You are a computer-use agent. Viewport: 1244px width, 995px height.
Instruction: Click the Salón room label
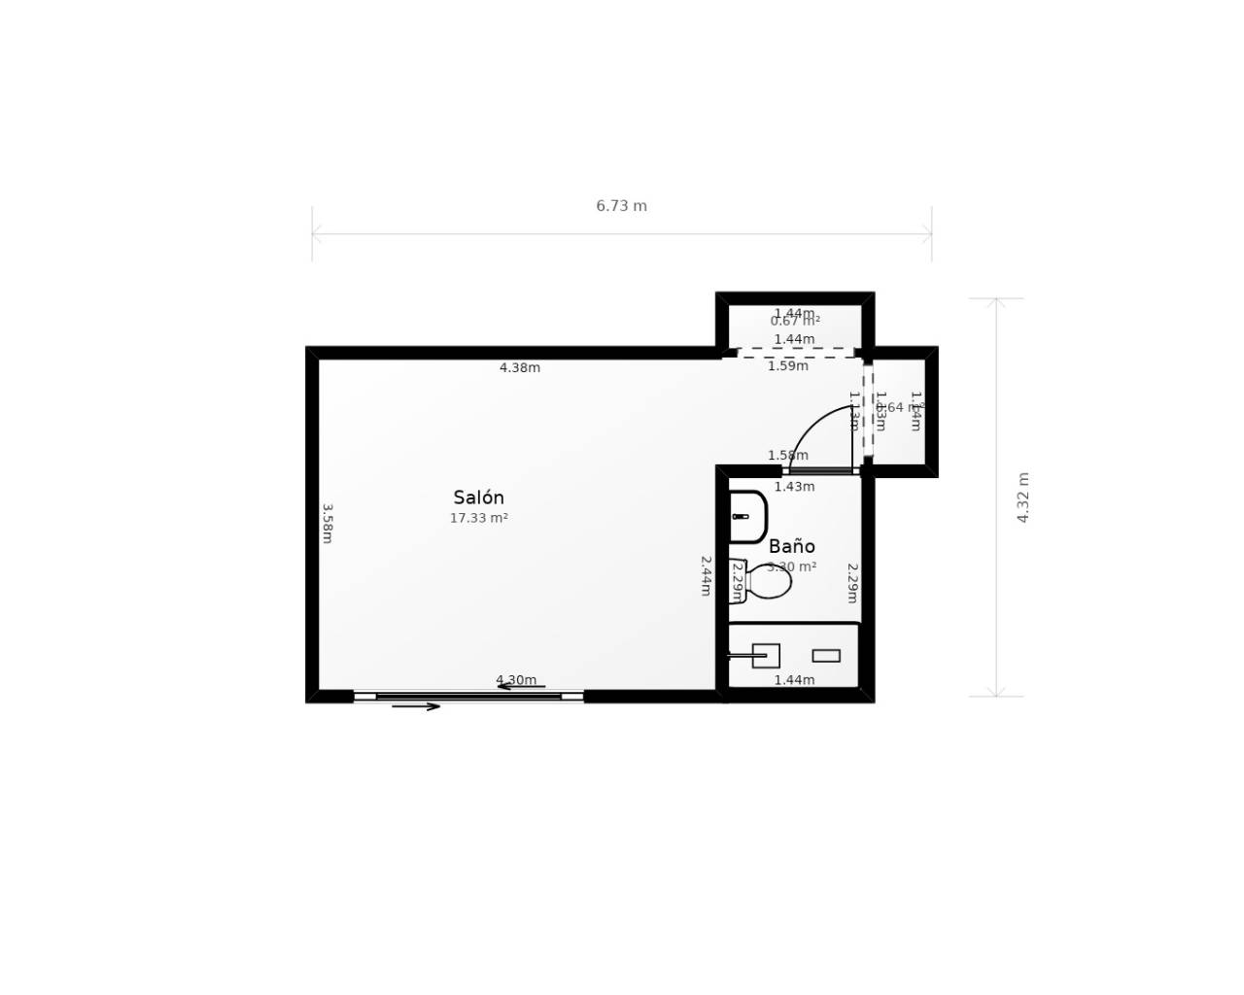tap(478, 497)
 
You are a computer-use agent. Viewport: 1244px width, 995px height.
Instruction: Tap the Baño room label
tap(791, 546)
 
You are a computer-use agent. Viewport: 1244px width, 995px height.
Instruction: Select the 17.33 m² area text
tap(478, 519)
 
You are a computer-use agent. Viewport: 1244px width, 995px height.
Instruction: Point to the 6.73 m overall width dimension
tap(621, 206)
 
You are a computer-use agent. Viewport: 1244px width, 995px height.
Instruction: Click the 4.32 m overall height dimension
tap(1022, 497)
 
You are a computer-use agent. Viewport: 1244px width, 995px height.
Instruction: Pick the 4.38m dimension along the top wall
tap(520, 368)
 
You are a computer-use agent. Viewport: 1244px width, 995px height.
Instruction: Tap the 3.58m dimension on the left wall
tap(328, 523)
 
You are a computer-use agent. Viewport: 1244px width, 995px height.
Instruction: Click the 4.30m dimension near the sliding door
tap(515, 680)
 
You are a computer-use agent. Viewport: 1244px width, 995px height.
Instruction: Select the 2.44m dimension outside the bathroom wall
tap(706, 575)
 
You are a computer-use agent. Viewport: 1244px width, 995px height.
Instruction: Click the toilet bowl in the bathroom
tap(770, 581)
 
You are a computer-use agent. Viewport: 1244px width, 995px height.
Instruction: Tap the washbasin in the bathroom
tap(747, 517)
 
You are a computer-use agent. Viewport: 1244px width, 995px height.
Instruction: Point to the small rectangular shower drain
tap(826, 656)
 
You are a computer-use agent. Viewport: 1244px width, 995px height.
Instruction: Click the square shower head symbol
tap(766, 656)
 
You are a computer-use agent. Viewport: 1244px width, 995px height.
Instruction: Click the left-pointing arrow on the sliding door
tap(521, 687)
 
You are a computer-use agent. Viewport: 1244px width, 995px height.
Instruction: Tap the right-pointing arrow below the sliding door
tap(416, 706)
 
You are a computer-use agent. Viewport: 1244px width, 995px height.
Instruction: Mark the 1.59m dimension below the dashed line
tap(787, 366)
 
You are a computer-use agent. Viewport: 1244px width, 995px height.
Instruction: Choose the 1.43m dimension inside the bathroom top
tap(794, 487)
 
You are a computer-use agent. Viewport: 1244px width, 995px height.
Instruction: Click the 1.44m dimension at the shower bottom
tap(794, 680)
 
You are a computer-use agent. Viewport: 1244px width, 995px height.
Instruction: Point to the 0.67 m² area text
tap(795, 322)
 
